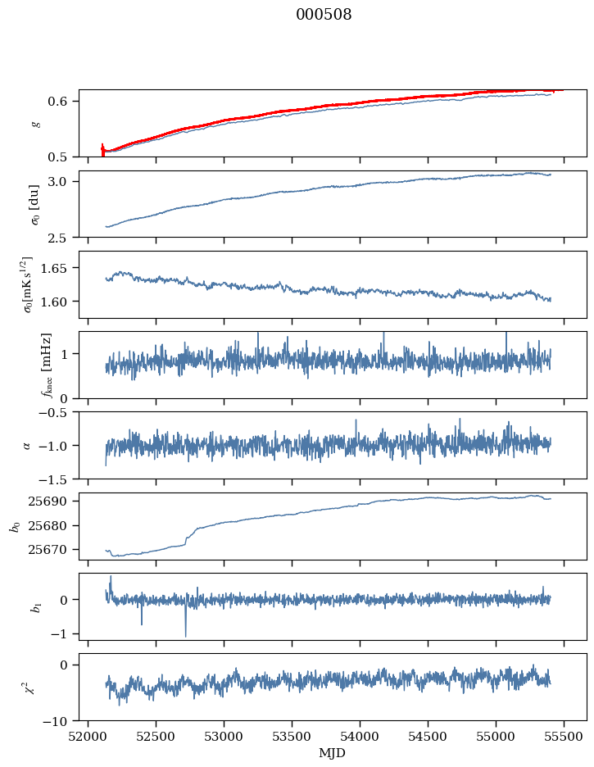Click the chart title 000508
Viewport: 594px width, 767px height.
[324, 15]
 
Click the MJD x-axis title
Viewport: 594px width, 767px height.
[332, 753]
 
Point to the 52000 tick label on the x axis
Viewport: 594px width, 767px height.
[88, 736]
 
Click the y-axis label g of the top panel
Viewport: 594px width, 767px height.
[35, 124]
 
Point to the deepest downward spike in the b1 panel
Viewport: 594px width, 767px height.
[185, 635]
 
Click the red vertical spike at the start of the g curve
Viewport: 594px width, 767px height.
[102, 149]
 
